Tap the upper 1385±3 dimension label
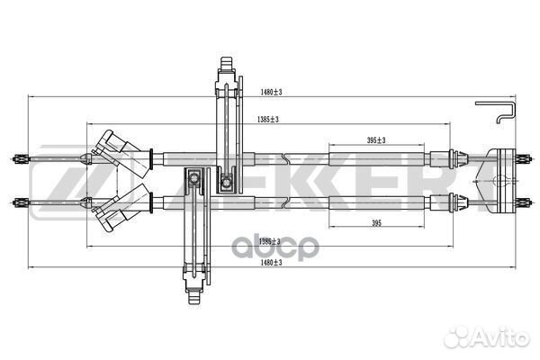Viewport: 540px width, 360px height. tap(267, 119)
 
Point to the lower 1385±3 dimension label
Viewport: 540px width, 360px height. tap(268, 240)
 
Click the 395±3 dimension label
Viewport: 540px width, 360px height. tap(376, 140)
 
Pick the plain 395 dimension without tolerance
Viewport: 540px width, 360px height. tap(377, 222)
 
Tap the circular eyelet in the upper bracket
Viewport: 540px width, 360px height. tap(227, 184)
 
